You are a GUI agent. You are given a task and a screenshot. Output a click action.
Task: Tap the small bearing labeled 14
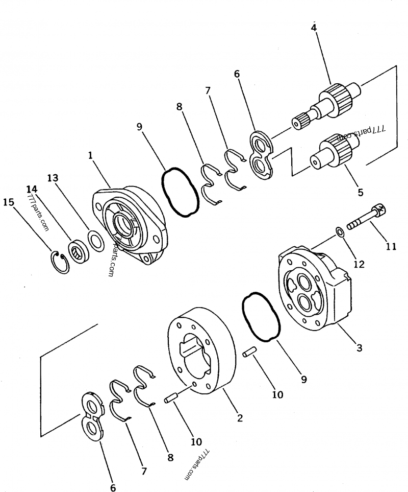click(80, 250)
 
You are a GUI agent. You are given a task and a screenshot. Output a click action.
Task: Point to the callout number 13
click(53, 178)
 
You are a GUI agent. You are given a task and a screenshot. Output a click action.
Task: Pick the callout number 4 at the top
click(314, 27)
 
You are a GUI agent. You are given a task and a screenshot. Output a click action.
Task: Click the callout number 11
click(391, 246)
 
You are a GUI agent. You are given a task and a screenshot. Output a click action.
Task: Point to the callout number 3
click(359, 348)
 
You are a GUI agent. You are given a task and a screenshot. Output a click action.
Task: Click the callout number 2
click(239, 417)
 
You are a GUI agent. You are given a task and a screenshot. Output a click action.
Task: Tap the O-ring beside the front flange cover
click(179, 192)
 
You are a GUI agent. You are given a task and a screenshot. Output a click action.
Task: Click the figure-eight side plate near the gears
click(262, 155)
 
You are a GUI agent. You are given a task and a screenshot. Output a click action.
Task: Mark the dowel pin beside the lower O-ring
click(249, 353)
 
